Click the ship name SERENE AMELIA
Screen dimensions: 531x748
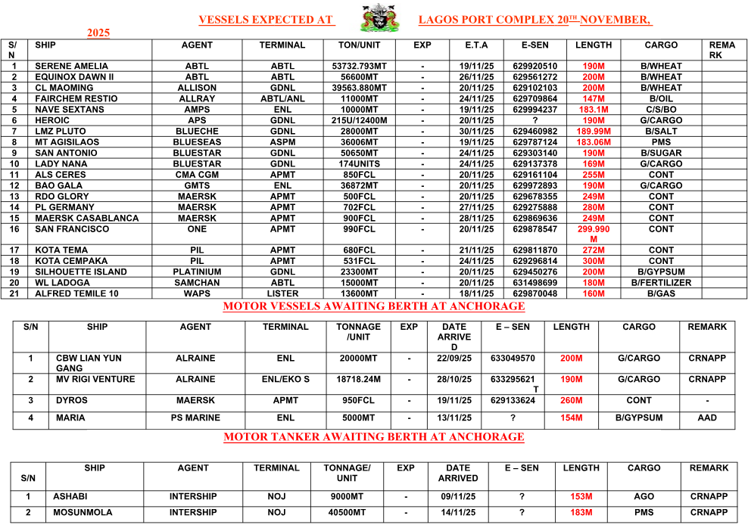72,67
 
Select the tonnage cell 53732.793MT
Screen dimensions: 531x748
360,67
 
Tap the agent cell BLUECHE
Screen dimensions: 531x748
197,132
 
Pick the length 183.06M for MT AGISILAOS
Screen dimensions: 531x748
594,142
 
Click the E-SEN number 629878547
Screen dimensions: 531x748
535,229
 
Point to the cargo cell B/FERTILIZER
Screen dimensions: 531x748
661,283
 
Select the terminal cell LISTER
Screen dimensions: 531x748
283,293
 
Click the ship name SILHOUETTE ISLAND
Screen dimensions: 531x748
81,272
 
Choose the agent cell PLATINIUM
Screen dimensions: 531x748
197,272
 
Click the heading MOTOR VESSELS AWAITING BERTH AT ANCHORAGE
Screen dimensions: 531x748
374,306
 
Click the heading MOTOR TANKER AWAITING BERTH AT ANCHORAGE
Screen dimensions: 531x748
374,436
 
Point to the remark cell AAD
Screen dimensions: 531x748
707,418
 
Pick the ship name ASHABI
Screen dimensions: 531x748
71,497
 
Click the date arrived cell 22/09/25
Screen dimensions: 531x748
454,359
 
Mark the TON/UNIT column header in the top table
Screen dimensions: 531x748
360,45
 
